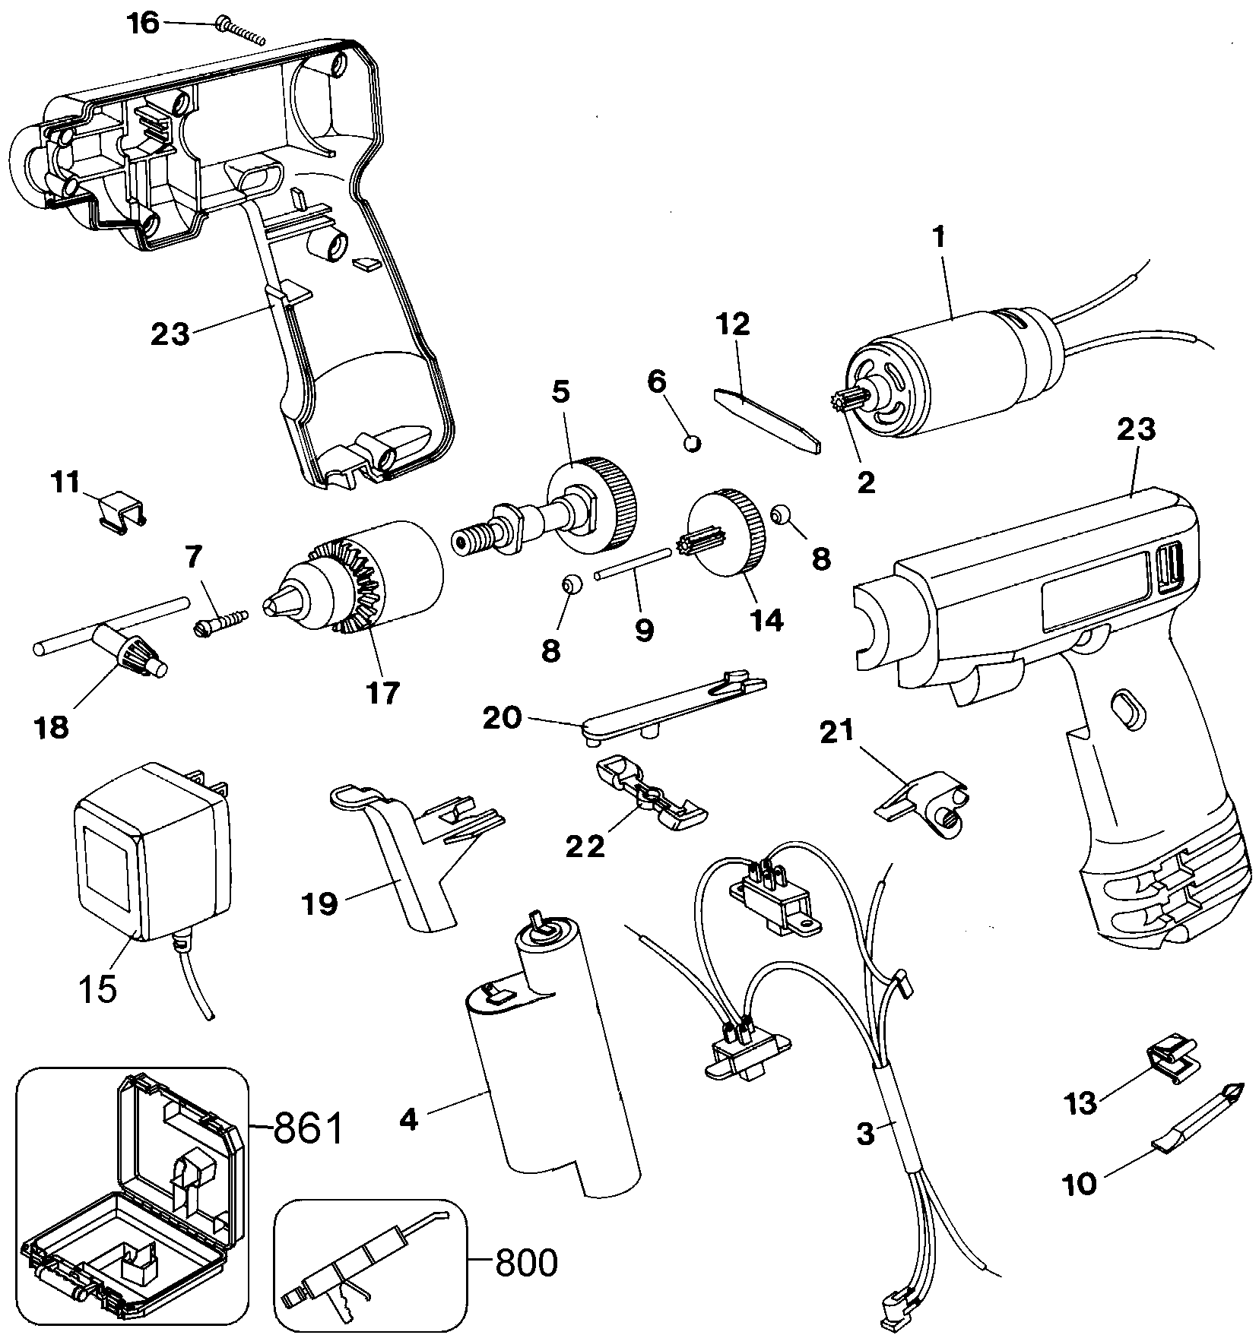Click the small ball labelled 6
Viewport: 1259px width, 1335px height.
click(693, 442)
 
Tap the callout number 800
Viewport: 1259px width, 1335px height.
click(525, 1262)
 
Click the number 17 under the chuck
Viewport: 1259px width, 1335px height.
click(382, 694)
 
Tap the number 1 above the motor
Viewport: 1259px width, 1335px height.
click(940, 238)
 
